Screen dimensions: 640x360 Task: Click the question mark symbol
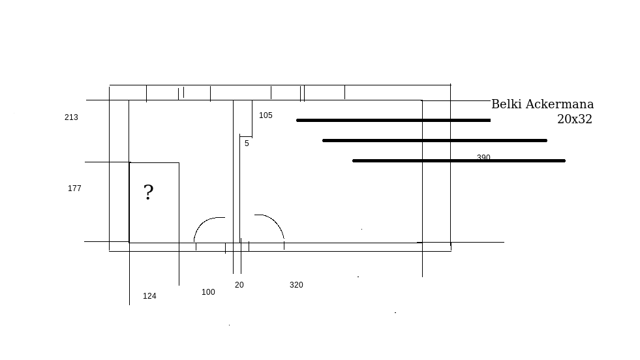[149, 192]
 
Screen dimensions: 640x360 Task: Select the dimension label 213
[71, 117]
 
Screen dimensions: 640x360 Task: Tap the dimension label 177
[74, 188]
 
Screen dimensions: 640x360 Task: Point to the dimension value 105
[266, 115]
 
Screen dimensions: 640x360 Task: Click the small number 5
[247, 143]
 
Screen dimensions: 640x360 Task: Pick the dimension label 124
[149, 296]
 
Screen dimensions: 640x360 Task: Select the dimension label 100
[208, 292]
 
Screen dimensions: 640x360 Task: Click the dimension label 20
[239, 285]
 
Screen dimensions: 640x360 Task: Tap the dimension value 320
[296, 285]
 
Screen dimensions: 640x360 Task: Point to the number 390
[483, 157]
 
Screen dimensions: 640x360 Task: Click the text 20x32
[574, 119]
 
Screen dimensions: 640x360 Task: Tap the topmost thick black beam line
[393, 120]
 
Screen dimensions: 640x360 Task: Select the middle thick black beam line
[434, 140]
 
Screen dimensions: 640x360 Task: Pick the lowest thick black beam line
[459, 160]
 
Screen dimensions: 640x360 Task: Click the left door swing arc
[204, 223]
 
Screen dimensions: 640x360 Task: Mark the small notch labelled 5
[246, 135]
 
